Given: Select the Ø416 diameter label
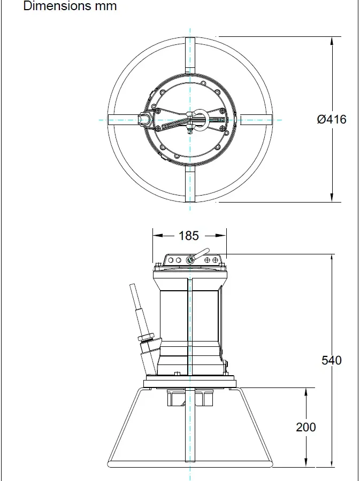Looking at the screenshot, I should pyautogui.click(x=332, y=119).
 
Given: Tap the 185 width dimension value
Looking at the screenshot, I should pyautogui.click(x=189, y=236).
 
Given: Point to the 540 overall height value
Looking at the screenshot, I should pyautogui.click(x=332, y=360).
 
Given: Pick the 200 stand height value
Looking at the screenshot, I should pyautogui.click(x=306, y=427).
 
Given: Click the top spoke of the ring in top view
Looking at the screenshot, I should pyautogui.click(x=190, y=53).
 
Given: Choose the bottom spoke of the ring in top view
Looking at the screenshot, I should pyautogui.click(x=190, y=184).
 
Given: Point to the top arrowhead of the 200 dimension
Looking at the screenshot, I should pyautogui.click(x=306, y=392).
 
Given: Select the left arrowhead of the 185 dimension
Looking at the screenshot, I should pyautogui.click(x=157, y=235).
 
